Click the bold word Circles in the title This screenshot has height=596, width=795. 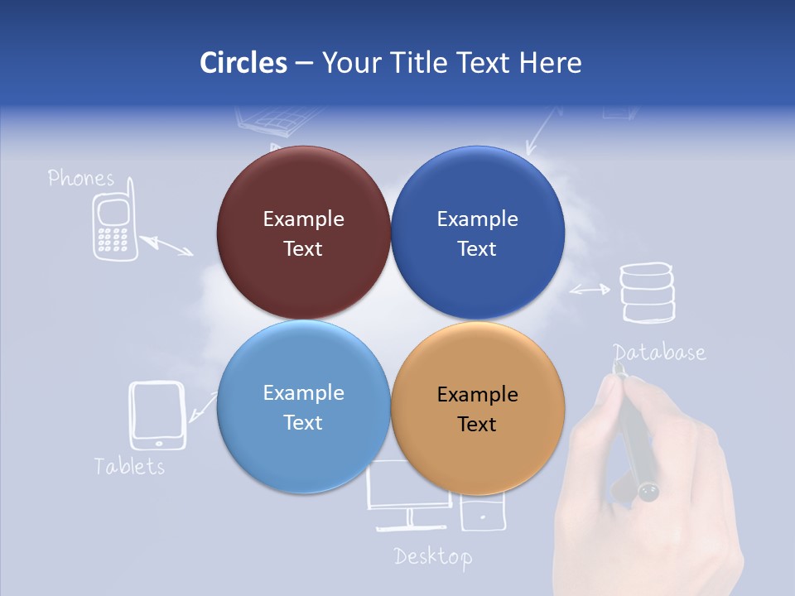point(243,63)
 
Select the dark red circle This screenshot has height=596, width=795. point(303,233)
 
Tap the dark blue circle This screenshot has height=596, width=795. point(477,233)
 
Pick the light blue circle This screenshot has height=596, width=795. point(303,406)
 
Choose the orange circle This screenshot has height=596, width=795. point(477,408)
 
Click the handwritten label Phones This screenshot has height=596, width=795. point(80,178)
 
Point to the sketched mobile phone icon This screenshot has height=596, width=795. point(113,228)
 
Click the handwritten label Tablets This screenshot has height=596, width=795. point(129,466)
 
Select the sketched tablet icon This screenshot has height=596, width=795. point(157,416)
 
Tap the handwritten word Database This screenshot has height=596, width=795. point(660,353)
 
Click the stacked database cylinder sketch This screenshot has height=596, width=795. point(647,291)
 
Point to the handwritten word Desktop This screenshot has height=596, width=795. point(433,556)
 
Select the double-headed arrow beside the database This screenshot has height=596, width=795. point(590,290)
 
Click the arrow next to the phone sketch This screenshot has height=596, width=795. point(166,246)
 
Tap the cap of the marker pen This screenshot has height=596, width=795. point(648,492)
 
